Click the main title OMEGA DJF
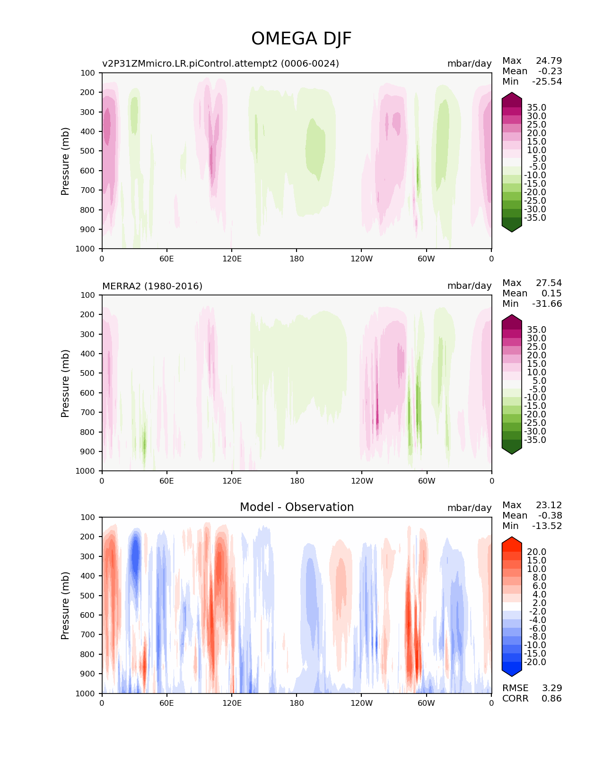pyautogui.click(x=301, y=39)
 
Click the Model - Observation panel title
pyautogui.click(x=297, y=507)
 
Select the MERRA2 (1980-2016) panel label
pyautogui.click(x=152, y=286)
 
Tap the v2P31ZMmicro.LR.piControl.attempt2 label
pyautogui.click(x=220, y=63)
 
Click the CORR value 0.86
pyautogui.click(x=551, y=698)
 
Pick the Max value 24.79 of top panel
pyautogui.click(x=549, y=61)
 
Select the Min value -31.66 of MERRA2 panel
pyautogui.click(x=547, y=303)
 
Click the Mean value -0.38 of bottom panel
pyautogui.click(x=550, y=515)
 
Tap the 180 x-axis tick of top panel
pyautogui.click(x=297, y=259)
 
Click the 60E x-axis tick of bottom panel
pyautogui.click(x=166, y=703)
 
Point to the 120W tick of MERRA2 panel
pyautogui.click(x=362, y=481)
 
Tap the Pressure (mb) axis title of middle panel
pyautogui.click(x=65, y=383)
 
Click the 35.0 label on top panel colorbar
pyautogui.click(x=536, y=108)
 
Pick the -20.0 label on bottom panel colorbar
pyautogui.click(x=535, y=662)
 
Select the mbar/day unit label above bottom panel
pyautogui.click(x=469, y=508)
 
